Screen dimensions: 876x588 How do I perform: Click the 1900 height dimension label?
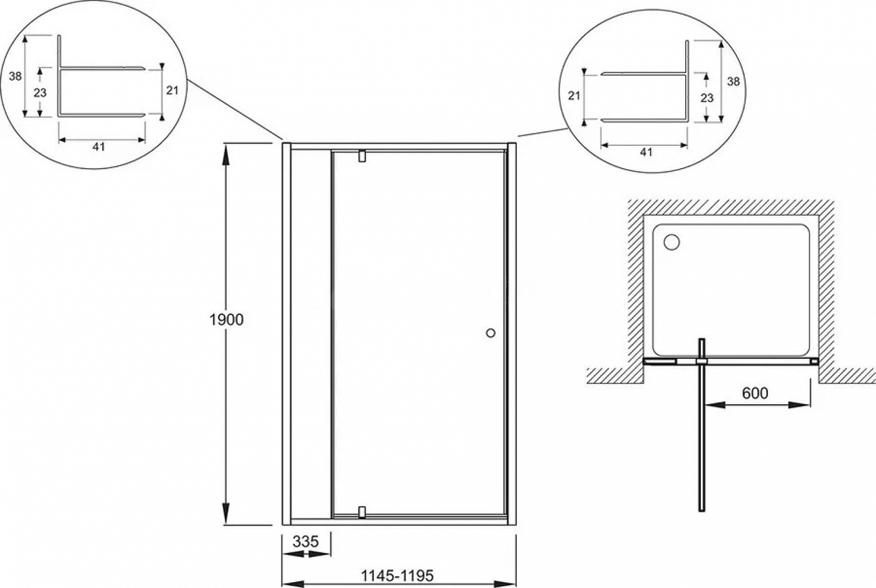227,320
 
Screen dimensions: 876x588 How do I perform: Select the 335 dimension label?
306,541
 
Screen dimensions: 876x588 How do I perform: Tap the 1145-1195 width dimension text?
397,576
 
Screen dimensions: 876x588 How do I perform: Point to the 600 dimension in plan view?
755,393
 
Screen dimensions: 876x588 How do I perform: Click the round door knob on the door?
491,333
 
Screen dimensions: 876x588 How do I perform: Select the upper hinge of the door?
361,156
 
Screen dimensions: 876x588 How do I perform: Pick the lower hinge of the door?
361,513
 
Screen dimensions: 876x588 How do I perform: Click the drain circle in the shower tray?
672,242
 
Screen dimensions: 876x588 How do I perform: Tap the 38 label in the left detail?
15,76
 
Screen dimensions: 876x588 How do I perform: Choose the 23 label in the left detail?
40,93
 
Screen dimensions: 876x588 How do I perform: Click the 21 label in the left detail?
172,90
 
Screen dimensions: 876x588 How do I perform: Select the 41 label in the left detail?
99,147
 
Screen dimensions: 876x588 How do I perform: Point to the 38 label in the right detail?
734,81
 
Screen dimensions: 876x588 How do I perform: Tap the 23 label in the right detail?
707,97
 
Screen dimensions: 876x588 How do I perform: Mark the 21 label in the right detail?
573,95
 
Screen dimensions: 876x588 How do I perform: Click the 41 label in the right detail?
646,152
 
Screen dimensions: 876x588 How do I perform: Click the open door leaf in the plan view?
702,426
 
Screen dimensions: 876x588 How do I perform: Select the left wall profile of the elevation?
286,334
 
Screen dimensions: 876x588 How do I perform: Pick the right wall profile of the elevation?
512,334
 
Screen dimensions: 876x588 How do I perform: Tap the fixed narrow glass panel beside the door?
311,334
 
